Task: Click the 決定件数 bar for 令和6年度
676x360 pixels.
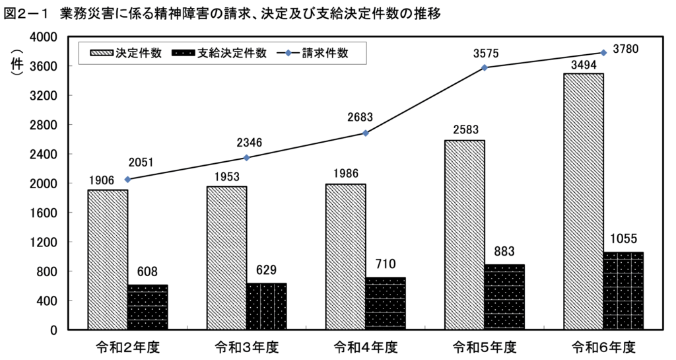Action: coord(583,201)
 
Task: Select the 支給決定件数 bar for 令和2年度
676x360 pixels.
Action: coord(147,307)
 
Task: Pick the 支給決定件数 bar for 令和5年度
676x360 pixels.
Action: coord(504,297)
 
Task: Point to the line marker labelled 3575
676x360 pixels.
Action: coord(485,67)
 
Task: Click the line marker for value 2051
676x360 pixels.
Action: coord(127,179)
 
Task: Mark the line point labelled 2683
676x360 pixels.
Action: coord(366,133)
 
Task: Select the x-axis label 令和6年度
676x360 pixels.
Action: coord(603,346)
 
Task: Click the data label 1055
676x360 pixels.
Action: coord(623,238)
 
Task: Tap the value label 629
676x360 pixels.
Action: coord(266,270)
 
